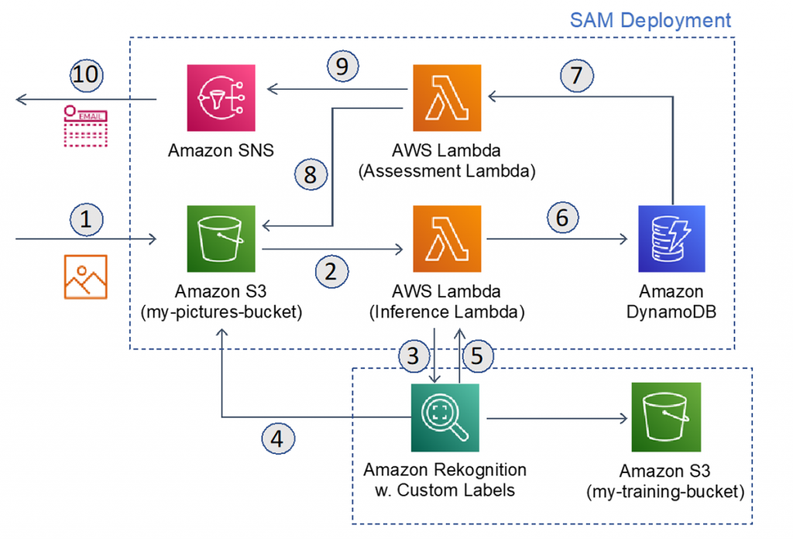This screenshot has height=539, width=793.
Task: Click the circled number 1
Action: (86, 220)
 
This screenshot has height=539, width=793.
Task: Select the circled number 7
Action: (576, 76)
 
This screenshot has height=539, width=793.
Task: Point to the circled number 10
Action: (86, 76)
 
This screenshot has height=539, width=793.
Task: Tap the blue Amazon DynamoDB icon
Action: (671, 239)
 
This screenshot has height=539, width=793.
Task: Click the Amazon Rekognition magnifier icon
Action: (445, 417)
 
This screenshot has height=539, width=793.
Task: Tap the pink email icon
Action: (86, 125)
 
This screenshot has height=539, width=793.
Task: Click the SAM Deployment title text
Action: (650, 20)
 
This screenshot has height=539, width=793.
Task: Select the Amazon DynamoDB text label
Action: (671, 302)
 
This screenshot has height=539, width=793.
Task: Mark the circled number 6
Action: (562, 218)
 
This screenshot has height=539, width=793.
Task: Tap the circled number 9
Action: (342, 67)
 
